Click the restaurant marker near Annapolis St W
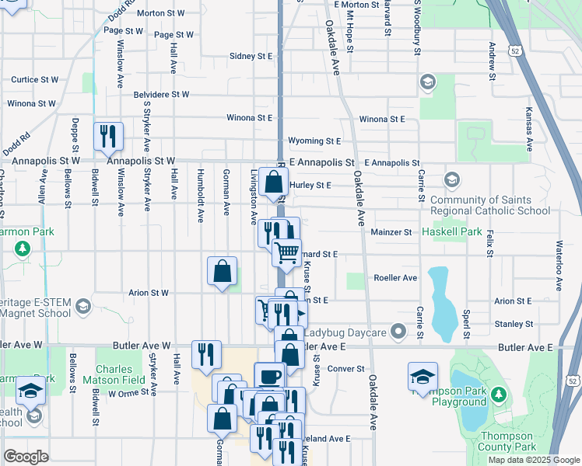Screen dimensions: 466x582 click(x=108, y=136)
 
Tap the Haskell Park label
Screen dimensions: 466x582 click(x=453, y=232)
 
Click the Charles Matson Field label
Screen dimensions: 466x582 click(x=121, y=374)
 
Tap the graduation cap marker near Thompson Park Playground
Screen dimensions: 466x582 click(x=422, y=377)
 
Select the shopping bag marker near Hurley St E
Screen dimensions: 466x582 click(x=273, y=183)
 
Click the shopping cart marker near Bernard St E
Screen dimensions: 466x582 click(x=286, y=252)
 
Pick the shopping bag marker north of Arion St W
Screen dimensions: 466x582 click(x=222, y=271)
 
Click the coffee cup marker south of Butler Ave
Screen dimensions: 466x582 click(x=270, y=377)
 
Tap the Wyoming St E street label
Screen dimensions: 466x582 click(x=314, y=141)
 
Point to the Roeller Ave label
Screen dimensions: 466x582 click(x=395, y=277)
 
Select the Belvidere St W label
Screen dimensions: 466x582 click(x=162, y=94)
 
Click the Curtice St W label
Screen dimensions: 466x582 click(x=35, y=80)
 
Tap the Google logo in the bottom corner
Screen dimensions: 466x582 click(x=26, y=457)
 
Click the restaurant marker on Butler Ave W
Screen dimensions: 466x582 click(x=206, y=353)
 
